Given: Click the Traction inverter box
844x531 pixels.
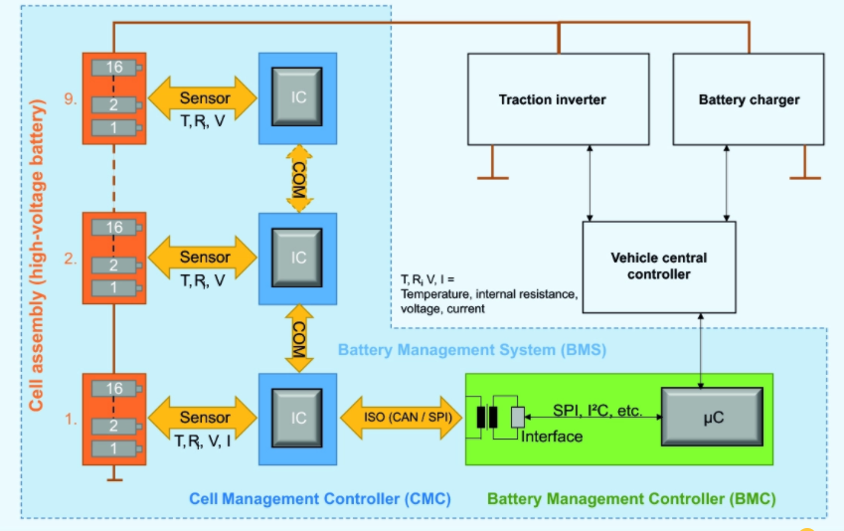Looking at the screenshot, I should coord(552,99).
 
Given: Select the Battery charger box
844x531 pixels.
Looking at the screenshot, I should coord(749,99).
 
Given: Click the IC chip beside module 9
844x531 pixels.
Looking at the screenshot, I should coord(298,96).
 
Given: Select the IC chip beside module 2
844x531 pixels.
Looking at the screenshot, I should coord(298,257).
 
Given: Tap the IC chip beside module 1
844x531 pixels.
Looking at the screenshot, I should coord(298,418).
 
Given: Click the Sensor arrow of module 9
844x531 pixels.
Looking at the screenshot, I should coord(204,97).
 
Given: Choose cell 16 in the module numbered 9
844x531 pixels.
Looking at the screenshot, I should coord(114,67).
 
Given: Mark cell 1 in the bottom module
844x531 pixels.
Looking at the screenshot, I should coord(114,448).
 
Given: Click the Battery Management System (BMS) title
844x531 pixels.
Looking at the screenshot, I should coord(471,350).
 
